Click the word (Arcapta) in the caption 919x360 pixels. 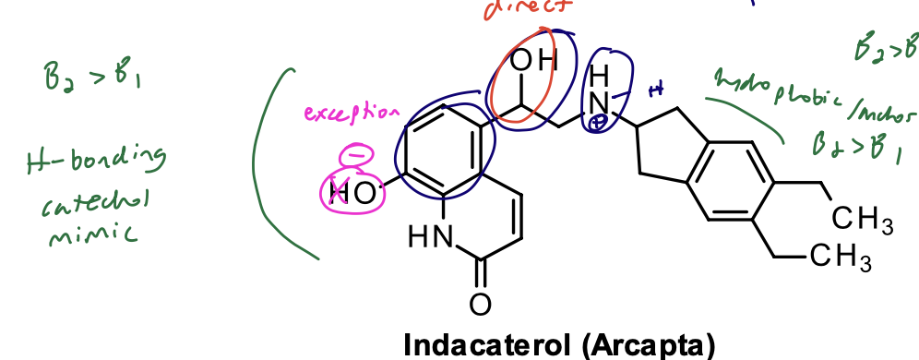(x=649, y=344)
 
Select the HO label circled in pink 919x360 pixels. (x=352, y=192)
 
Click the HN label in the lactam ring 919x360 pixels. (x=429, y=238)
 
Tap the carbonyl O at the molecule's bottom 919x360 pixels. (x=480, y=303)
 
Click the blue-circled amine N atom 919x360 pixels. (x=602, y=101)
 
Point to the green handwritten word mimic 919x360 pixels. (x=90, y=234)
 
